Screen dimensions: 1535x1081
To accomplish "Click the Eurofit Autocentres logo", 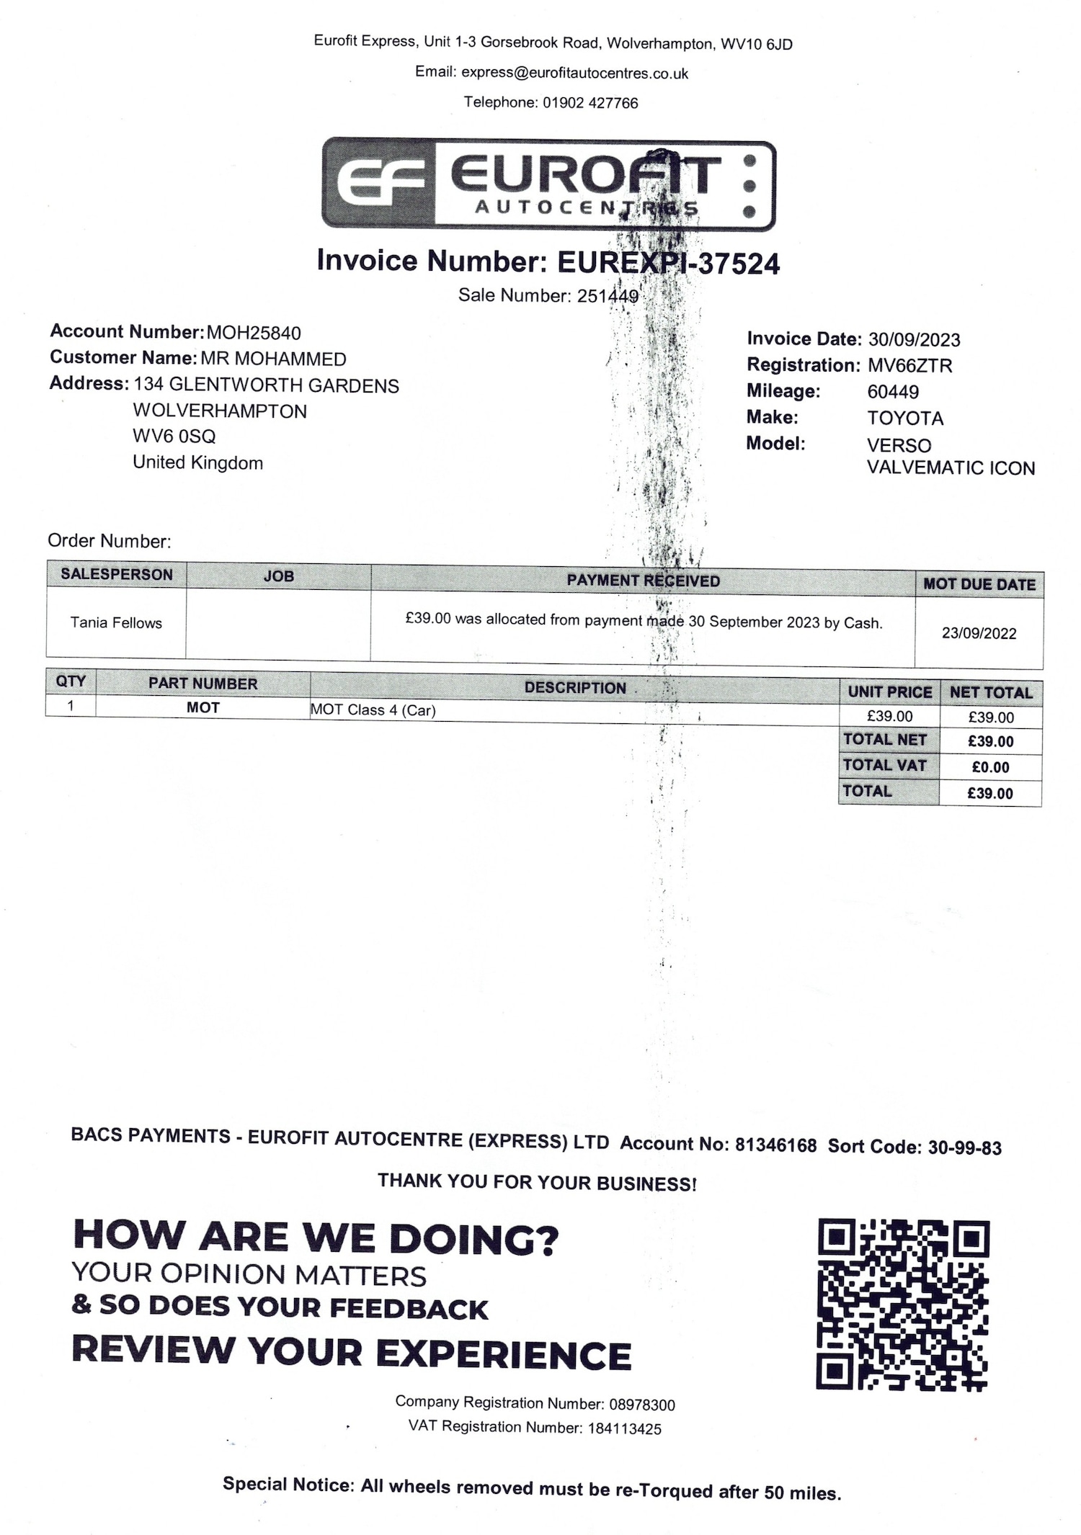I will pyautogui.click(x=548, y=184).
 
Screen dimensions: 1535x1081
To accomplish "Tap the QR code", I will pyautogui.click(x=902, y=1304).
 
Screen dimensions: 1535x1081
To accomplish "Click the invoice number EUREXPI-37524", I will pyautogui.click(x=668, y=264).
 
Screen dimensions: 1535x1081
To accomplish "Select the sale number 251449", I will pyautogui.click(x=608, y=296).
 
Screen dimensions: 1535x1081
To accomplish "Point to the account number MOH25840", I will pyautogui.click(x=254, y=333).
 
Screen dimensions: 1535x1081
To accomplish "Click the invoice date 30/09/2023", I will pyautogui.click(x=914, y=339).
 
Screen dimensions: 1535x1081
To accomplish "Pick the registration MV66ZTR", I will pyautogui.click(x=909, y=366).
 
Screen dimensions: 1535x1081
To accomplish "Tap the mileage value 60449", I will pyautogui.click(x=893, y=392).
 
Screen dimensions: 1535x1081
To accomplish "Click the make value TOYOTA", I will pyautogui.click(x=905, y=419).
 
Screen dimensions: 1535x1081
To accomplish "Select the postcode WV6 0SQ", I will pyautogui.click(x=174, y=437).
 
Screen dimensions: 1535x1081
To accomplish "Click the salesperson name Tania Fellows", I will pyautogui.click(x=116, y=623).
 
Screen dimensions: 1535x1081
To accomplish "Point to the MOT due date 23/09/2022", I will pyautogui.click(x=979, y=634).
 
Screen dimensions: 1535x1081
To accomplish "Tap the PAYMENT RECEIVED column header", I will pyautogui.click(x=643, y=581).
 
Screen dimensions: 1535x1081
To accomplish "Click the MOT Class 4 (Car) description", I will pyautogui.click(x=373, y=710).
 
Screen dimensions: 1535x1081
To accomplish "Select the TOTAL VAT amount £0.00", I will pyautogui.click(x=990, y=768).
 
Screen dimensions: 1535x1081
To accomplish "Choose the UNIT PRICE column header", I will pyautogui.click(x=889, y=692).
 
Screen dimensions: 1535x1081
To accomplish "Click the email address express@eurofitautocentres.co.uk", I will pyautogui.click(x=574, y=73).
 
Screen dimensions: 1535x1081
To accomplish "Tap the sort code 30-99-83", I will pyautogui.click(x=964, y=1148).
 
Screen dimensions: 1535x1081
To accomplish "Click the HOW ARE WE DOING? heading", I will pyautogui.click(x=316, y=1238).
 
